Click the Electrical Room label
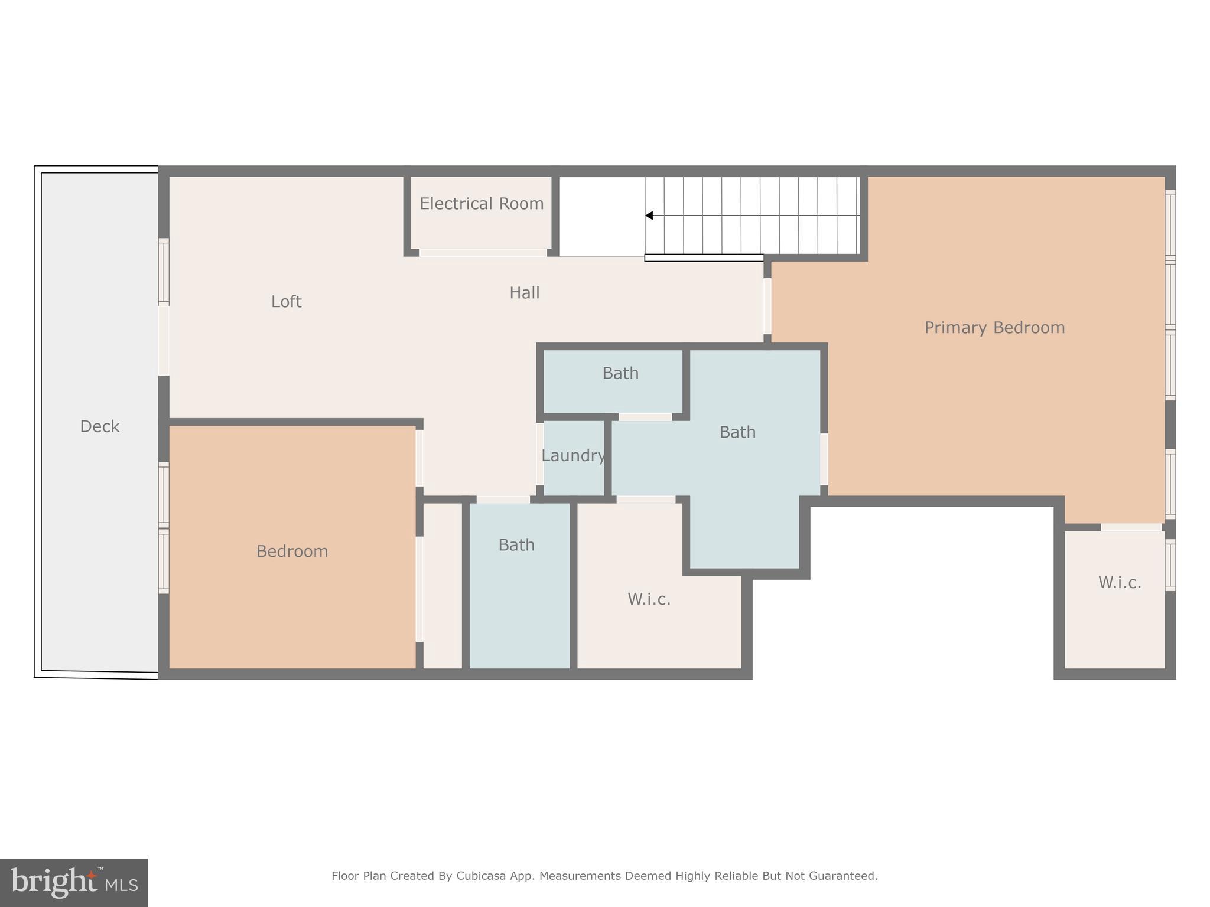(482, 204)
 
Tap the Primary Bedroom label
(994, 328)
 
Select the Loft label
(286, 302)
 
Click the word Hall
(524, 293)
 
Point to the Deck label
(99, 426)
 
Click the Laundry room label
(573, 456)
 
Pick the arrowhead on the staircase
(649, 216)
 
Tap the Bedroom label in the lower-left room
(292, 552)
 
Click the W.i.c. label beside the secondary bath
(649, 599)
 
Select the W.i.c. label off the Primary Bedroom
(1119, 583)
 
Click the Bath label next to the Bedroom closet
(516, 545)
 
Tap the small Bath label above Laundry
(620, 373)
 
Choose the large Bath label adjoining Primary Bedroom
(737, 432)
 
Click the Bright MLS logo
(74, 883)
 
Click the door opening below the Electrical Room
(483, 253)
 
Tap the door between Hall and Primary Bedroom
(767, 306)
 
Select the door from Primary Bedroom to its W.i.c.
(1131, 527)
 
